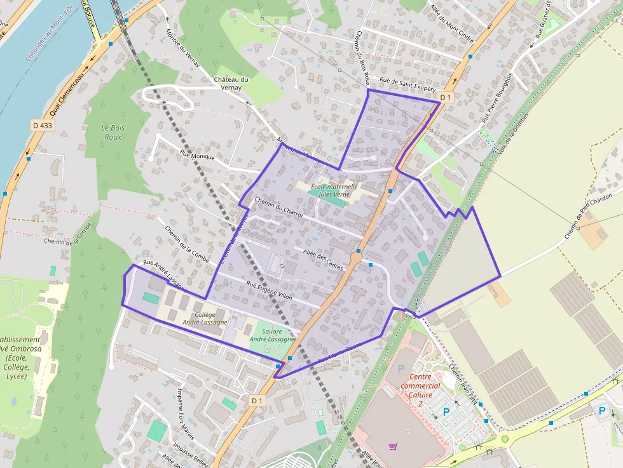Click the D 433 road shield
pos(43,126)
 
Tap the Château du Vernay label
pos(230,83)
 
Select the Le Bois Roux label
pos(113,132)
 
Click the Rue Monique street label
pos(198,156)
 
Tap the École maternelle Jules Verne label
pos(329,191)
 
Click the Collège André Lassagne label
pos(205,318)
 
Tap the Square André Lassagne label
pos(273,335)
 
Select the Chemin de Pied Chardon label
pos(591,217)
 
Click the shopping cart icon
pos(393,447)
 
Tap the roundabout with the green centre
pos(505,438)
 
